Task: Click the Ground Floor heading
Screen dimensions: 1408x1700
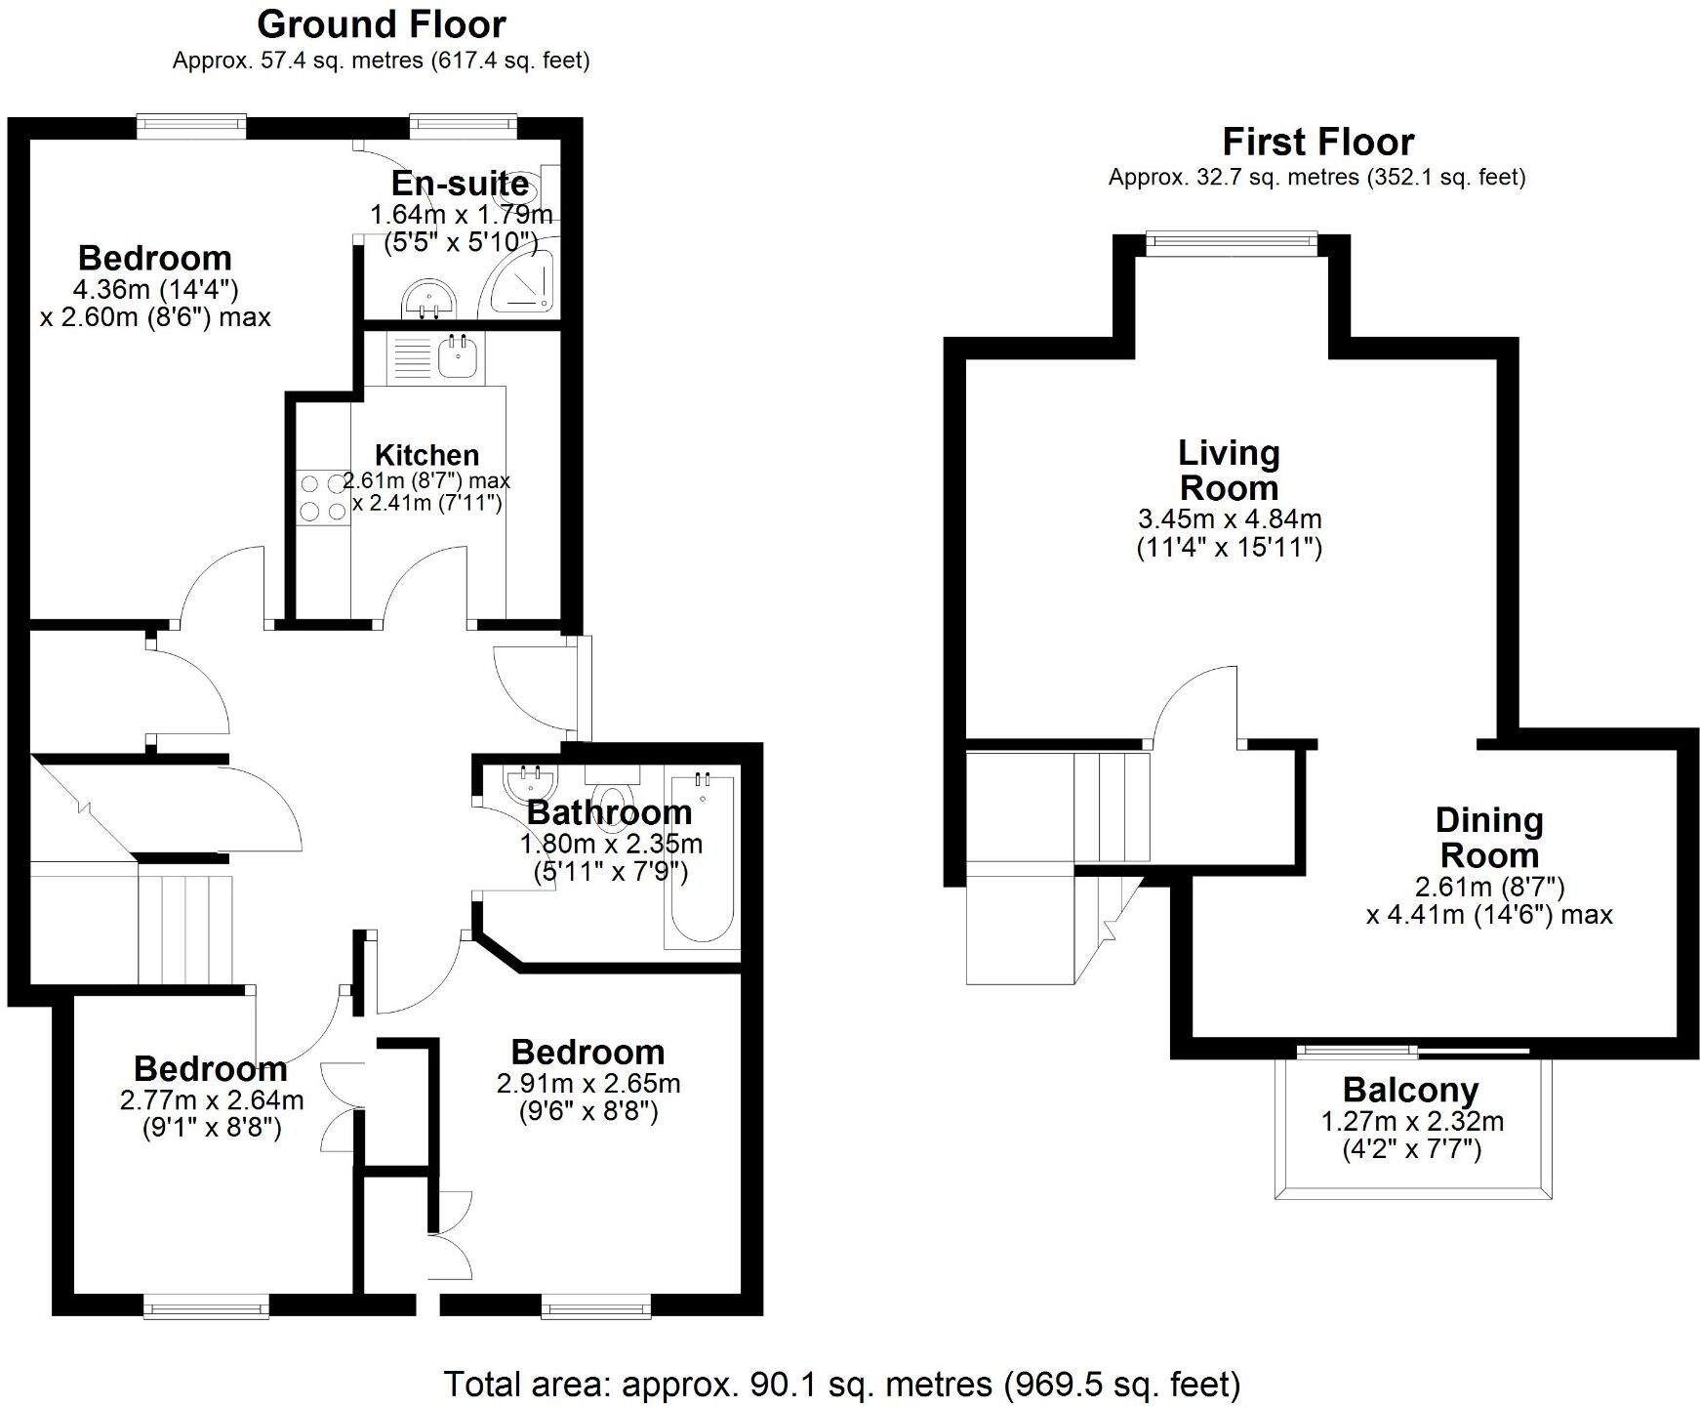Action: coord(382,23)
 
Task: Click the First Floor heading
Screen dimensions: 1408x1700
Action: coord(1317,142)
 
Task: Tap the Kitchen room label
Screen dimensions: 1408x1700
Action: coord(426,455)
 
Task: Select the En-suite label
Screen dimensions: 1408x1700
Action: coord(460,184)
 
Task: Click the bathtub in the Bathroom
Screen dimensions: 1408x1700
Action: coord(700,859)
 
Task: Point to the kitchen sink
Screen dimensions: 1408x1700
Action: coord(456,357)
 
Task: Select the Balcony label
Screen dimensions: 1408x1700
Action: coord(1410,1090)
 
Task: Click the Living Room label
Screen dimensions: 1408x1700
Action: coord(1228,470)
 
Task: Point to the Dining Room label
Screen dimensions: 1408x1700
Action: coord(1488,838)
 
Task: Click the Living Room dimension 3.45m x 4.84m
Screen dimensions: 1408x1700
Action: coord(1229,518)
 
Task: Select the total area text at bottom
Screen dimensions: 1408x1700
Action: coord(842,1384)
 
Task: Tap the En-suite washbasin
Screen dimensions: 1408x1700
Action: coord(427,299)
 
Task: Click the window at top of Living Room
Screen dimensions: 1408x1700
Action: coord(1231,240)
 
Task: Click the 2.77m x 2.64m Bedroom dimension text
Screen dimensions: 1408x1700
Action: coord(212,1100)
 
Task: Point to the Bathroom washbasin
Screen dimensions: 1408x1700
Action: coord(531,781)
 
